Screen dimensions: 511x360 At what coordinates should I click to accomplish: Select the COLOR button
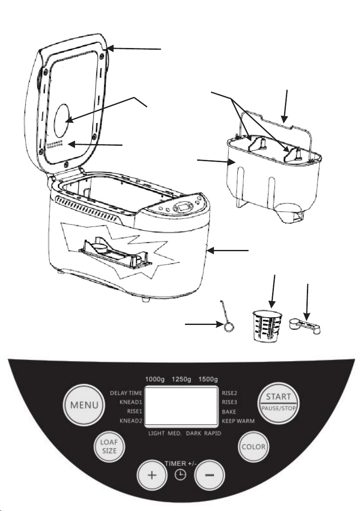[255, 447]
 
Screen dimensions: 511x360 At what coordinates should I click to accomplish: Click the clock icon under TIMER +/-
[181, 476]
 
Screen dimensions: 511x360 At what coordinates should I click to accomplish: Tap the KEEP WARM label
[238, 421]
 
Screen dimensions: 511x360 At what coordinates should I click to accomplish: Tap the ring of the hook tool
[229, 327]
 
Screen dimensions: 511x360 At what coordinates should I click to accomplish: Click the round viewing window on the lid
[64, 117]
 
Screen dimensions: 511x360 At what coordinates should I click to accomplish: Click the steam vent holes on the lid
[55, 144]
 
